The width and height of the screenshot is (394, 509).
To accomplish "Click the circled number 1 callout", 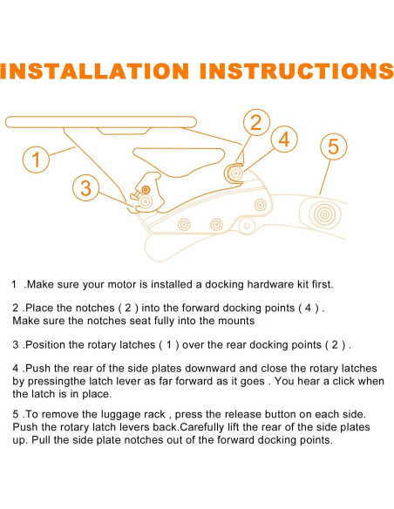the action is click(36, 159).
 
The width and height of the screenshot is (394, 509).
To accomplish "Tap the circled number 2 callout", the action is click(256, 122).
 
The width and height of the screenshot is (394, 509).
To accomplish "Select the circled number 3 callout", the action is click(85, 187).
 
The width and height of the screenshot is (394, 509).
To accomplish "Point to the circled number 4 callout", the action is click(284, 139).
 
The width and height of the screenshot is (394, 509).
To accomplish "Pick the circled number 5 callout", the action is click(334, 146).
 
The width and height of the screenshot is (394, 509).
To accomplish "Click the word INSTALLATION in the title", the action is click(95, 71).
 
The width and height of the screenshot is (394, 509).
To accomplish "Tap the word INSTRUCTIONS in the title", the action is click(296, 71).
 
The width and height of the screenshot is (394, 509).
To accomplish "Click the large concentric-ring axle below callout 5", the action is click(324, 214).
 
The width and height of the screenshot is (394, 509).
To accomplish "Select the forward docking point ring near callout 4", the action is click(235, 173).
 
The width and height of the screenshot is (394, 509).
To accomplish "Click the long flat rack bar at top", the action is click(101, 122).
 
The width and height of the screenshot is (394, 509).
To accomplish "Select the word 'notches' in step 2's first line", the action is click(96, 308).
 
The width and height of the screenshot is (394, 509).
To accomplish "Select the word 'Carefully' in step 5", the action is click(201, 428).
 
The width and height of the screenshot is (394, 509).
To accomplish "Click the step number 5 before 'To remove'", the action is click(16, 415).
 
